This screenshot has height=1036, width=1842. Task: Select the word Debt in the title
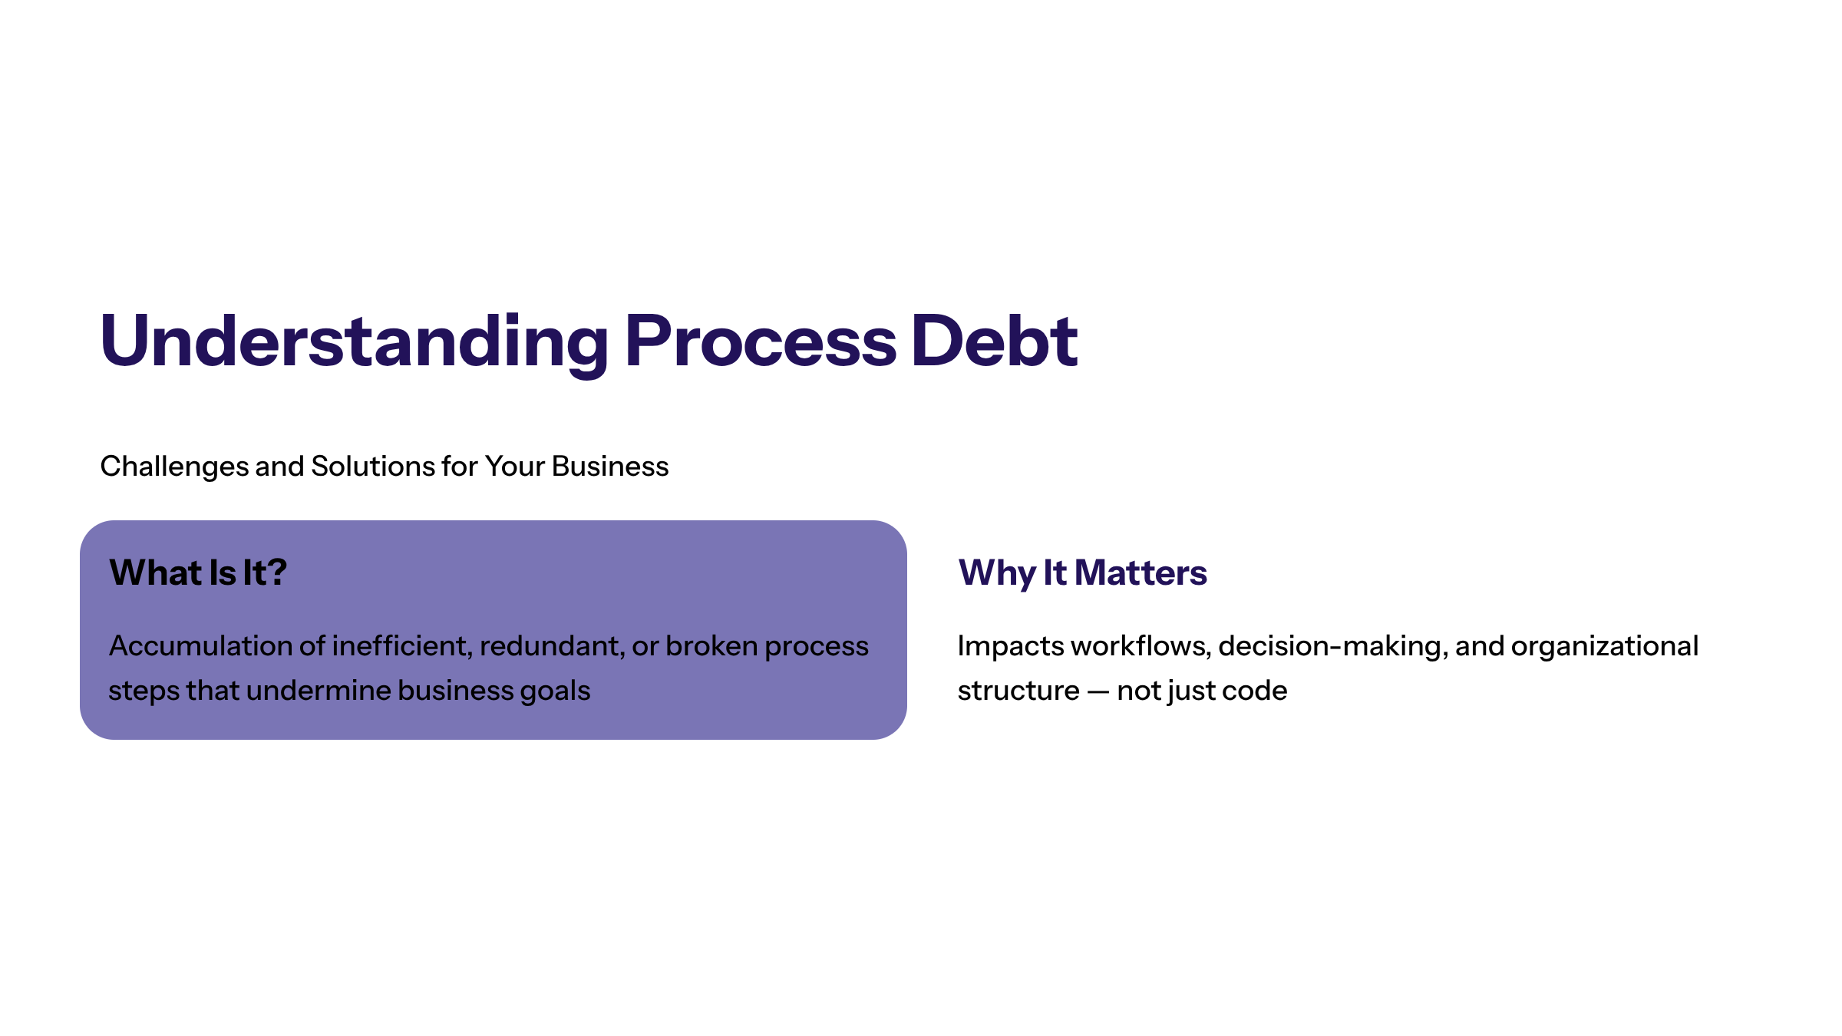[995, 341]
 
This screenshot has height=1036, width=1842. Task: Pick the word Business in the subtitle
[610, 466]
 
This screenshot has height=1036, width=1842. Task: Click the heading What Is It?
[198, 572]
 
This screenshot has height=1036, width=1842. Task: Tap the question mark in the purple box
[277, 572]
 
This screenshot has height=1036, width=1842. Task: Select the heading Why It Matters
[1082, 573]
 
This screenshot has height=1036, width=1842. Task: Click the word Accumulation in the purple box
[200, 646]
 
